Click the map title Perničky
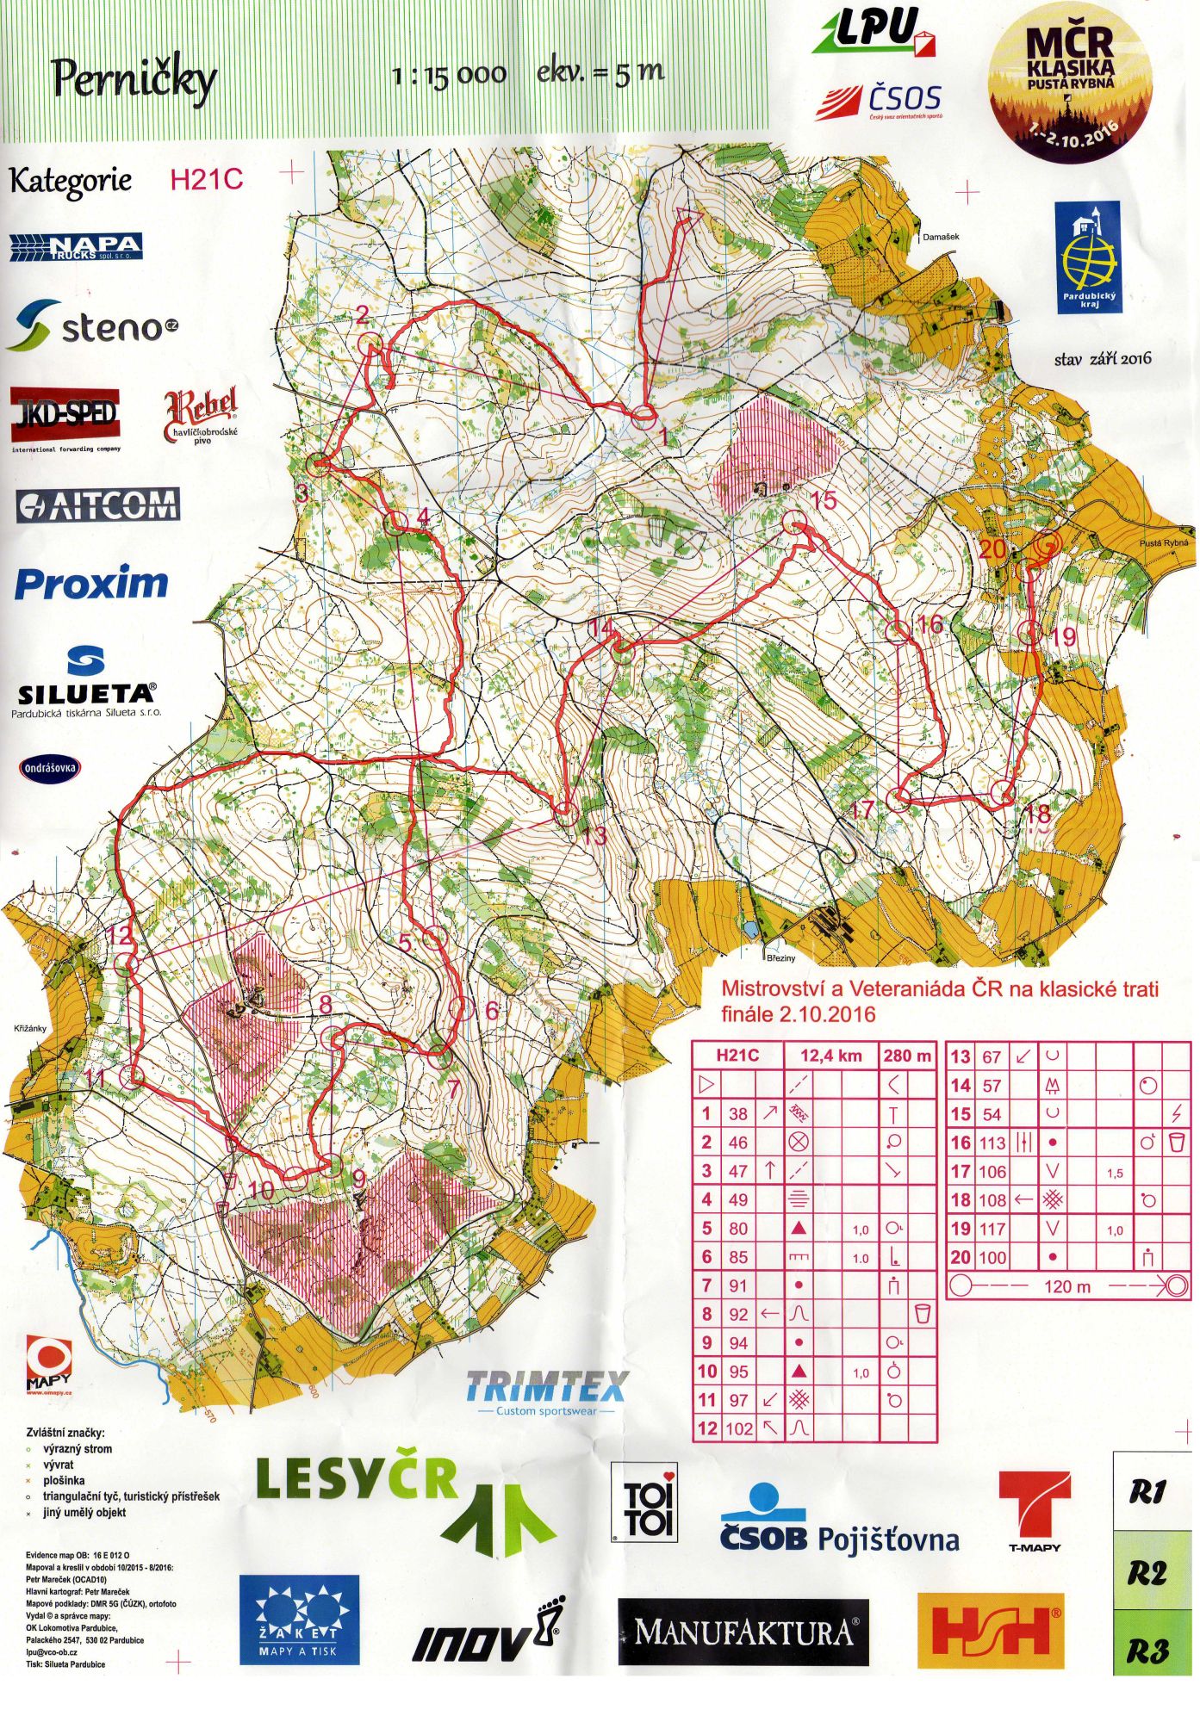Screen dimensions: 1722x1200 (134, 79)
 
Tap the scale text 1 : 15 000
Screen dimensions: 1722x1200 (449, 75)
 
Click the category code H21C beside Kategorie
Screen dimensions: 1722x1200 (207, 180)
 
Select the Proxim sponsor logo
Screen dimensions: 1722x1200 (91, 584)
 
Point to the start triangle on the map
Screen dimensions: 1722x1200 (687, 215)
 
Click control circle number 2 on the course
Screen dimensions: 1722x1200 (370, 344)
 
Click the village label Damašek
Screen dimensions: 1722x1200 (940, 236)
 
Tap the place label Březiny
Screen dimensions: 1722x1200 (780, 957)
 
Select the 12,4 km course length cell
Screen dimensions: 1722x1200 (830, 1056)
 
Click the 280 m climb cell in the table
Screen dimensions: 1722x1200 (907, 1056)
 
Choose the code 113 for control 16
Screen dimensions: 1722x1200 (992, 1143)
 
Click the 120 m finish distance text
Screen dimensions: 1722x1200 (1066, 1286)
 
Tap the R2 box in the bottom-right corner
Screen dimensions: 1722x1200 (1147, 1573)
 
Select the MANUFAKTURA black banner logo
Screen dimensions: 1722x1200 (743, 1632)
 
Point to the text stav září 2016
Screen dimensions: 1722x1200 (1102, 359)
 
